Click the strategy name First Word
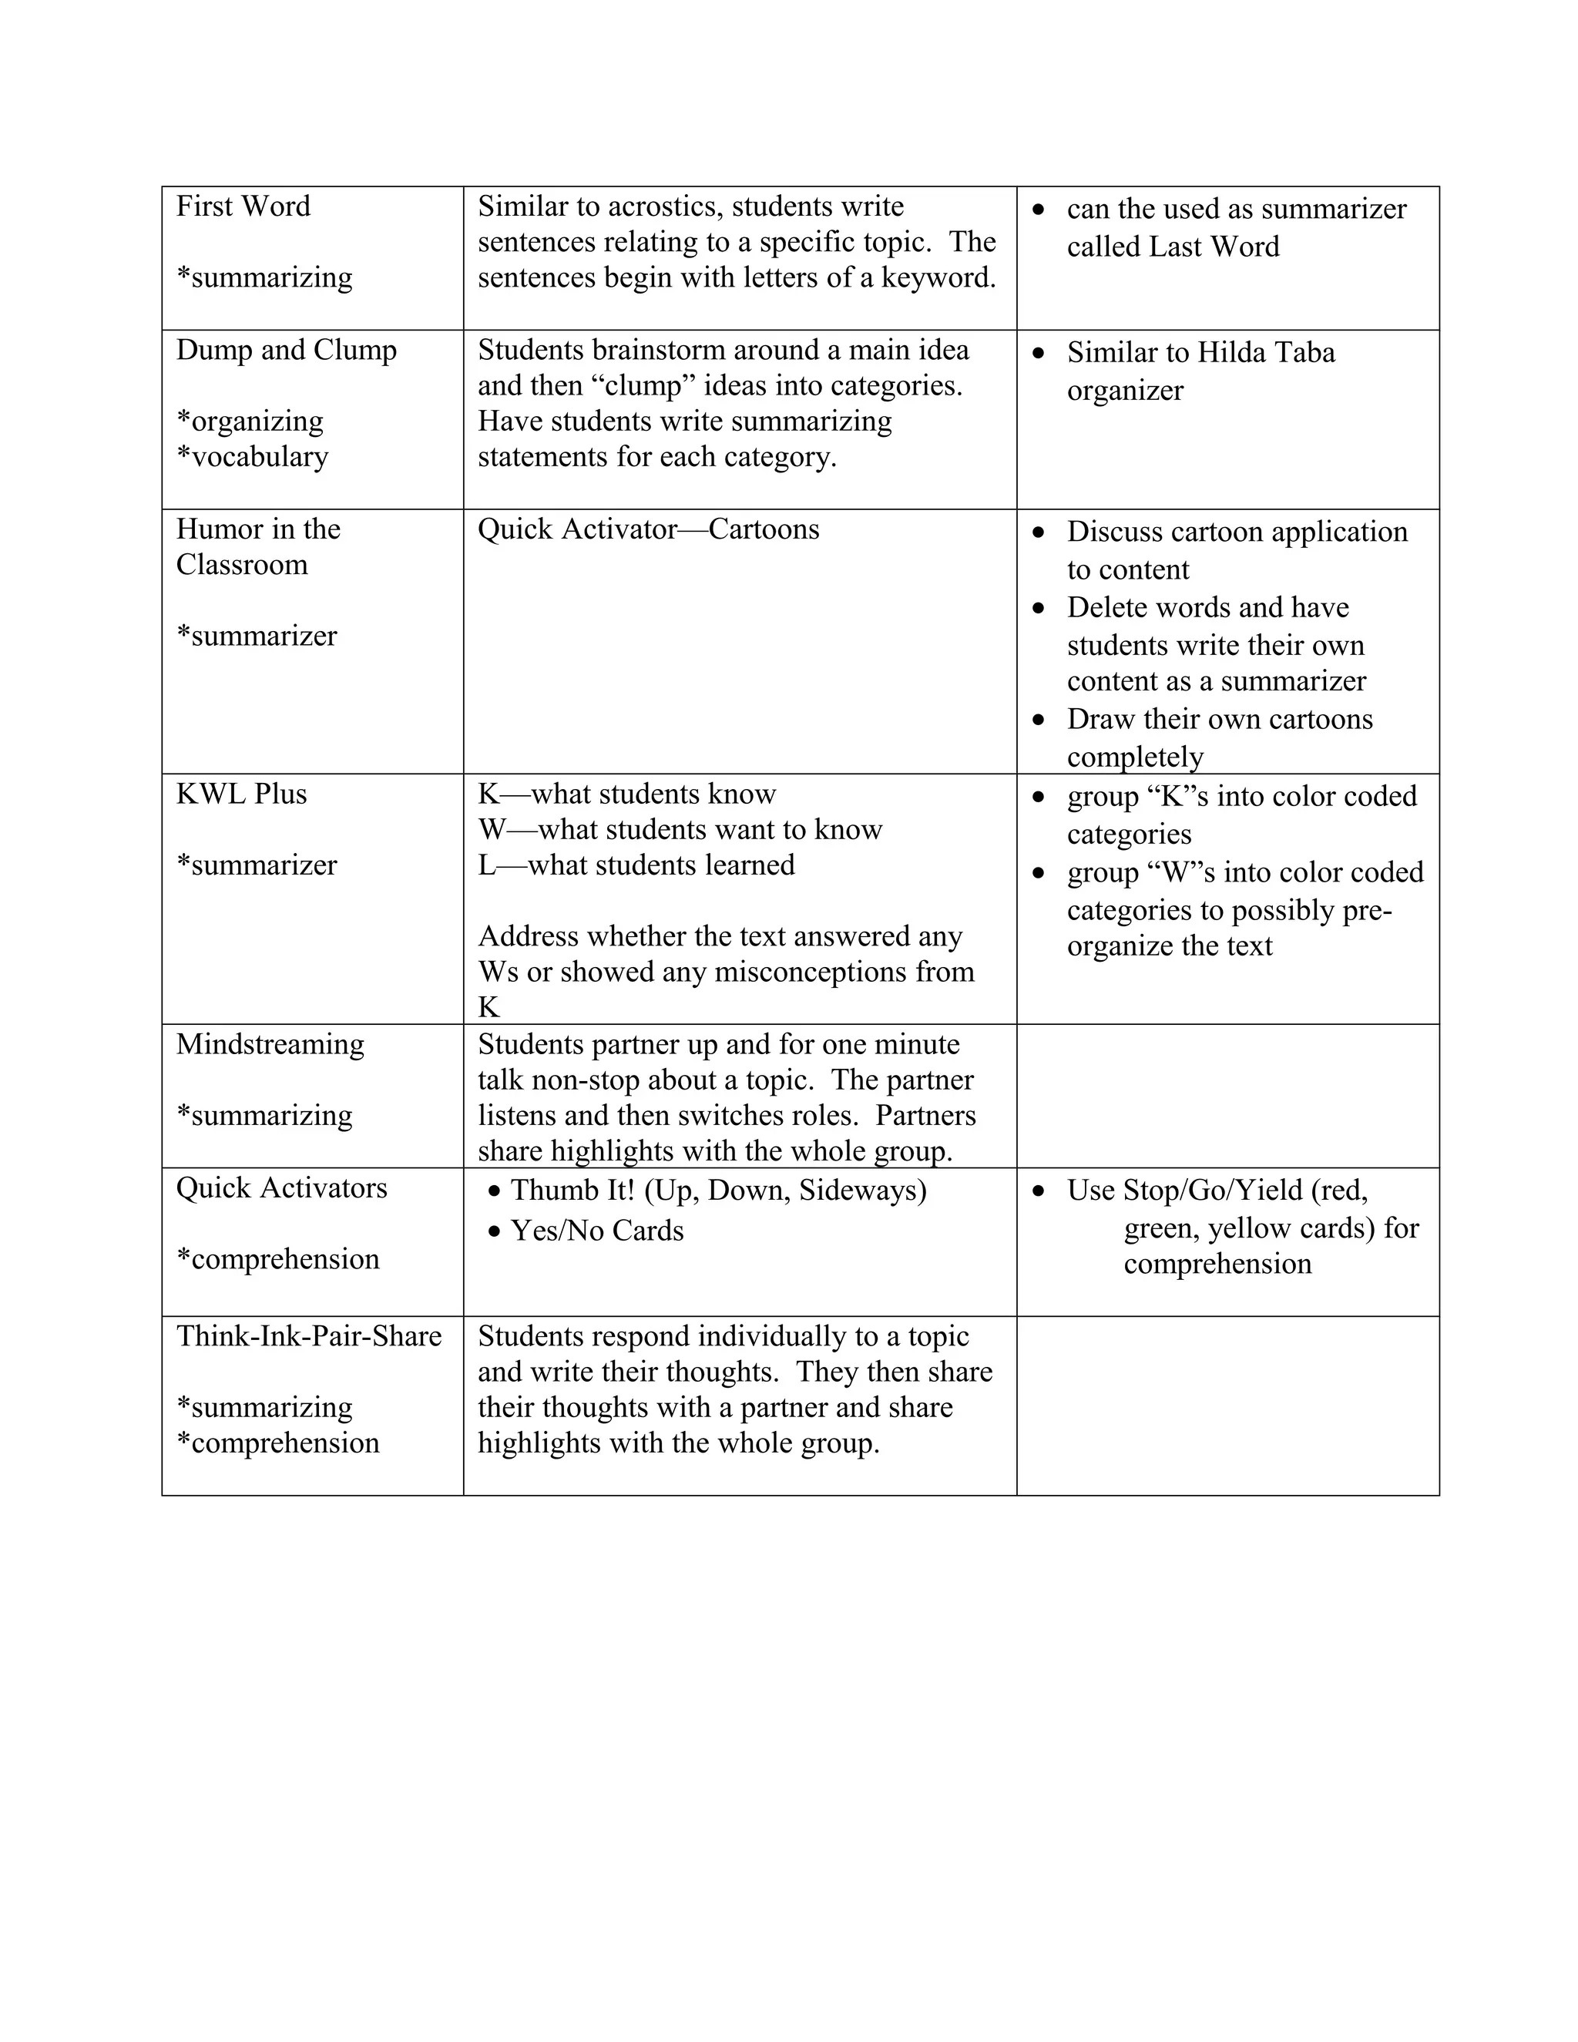pyautogui.click(x=243, y=207)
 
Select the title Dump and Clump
pyautogui.click(x=286, y=350)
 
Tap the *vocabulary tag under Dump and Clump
pyautogui.click(x=253, y=456)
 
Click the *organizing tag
pyautogui.click(x=250, y=421)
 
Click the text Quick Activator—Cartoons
pyautogui.click(x=648, y=529)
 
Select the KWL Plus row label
pyautogui.click(x=241, y=794)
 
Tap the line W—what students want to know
pyautogui.click(x=680, y=829)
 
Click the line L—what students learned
pyautogui.click(x=636, y=865)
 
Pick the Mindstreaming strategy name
pyautogui.click(x=270, y=1044)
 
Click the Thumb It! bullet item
pyautogui.click(x=718, y=1191)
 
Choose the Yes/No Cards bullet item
pyautogui.click(x=596, y=1231)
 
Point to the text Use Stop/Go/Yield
pyautogui.click(x=1216, y=1191)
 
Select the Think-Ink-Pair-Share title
pyautogui.click(x=308, y=1336)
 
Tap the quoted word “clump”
pyautogui.click(x=643, y=385)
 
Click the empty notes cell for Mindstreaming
pyautogui.click(x=1227, y=1096)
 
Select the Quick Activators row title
pyautogui.click(x=281, y=1188)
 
